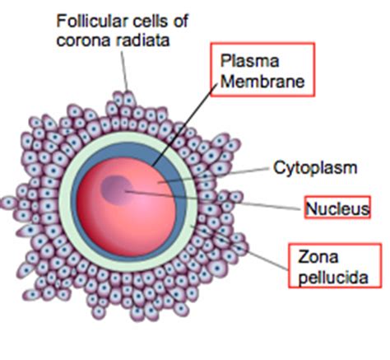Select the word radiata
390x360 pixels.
coord(142,40)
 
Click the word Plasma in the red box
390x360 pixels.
coord(249,61)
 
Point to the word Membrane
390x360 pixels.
coord(262,82)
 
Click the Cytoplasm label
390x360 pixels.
coord(315,168)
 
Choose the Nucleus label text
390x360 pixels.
coord(337,208)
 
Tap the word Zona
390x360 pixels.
coord(318,257)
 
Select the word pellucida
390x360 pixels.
coord(333,278)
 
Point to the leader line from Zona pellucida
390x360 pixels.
coord(239,248)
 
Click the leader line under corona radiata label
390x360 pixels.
coord(124,71)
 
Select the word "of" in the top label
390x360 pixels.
coord(181,21)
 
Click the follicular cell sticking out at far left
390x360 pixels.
coord(8,203)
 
